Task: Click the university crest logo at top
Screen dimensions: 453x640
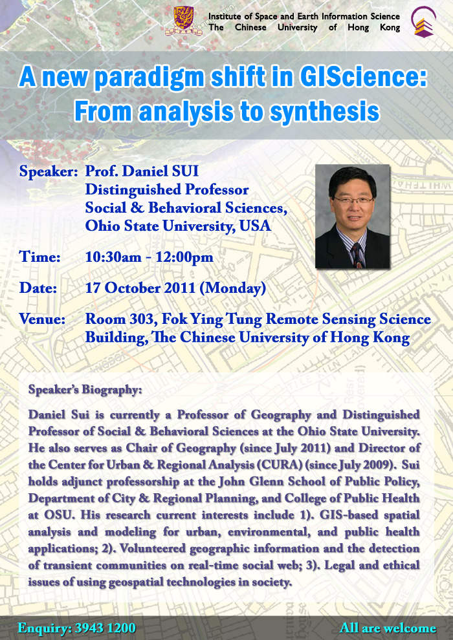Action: (x=183, y=21)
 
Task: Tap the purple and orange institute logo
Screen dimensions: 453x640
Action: (x=423, y=21)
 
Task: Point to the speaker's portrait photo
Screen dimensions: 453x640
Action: (x=353, y=217)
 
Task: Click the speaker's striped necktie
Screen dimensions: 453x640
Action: (x=358, y=255)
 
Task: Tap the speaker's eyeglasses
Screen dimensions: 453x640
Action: (x=353, y=200)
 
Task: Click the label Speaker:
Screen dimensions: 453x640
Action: (x=49, y=171)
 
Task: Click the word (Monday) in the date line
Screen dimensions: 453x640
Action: (x=233, y=288)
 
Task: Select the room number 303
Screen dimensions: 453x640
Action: (x=144, y=319)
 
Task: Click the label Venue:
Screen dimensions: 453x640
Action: (x=43, y=319)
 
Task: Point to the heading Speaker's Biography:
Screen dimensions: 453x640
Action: (x=85, y=390)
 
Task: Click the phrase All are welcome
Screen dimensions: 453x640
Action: (x=388, y=628)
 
